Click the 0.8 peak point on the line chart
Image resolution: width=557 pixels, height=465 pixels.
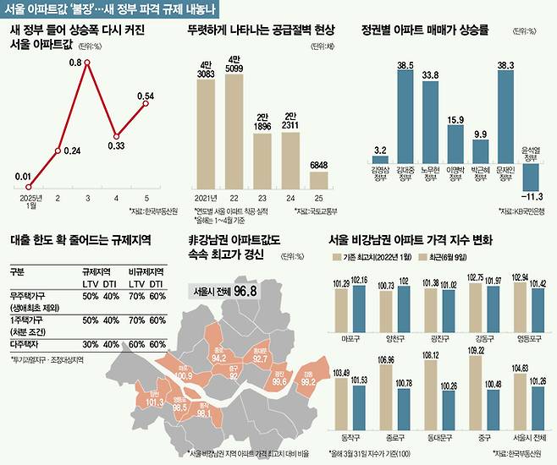[86, 74]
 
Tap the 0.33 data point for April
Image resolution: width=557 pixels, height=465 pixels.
[116, 135]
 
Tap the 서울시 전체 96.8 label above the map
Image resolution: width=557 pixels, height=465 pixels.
[223, 291]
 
